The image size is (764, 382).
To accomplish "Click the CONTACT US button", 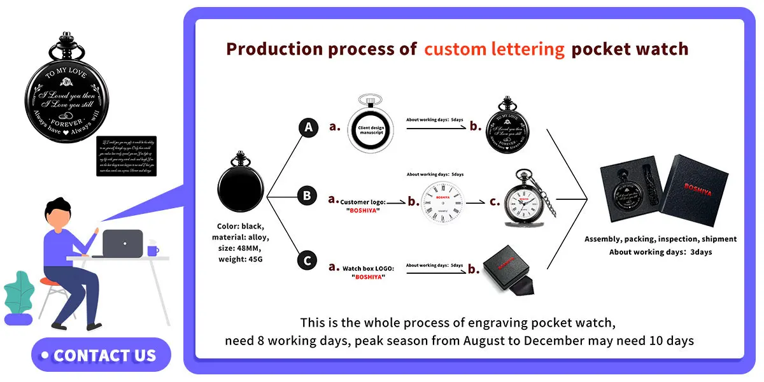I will (x=101, y=355).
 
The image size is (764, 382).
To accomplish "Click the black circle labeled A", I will (x=309, y=128).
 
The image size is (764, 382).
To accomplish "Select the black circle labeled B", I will (x=307, y=196).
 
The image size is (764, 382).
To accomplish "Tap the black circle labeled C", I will (x=307, y=260).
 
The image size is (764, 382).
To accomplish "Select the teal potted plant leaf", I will (x=17, y=294).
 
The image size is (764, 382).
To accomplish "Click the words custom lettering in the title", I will (x=494, y=49).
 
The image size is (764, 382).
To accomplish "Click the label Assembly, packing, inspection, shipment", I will (x=660, y=239).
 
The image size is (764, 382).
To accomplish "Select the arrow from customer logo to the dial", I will (x=397, y=202).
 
